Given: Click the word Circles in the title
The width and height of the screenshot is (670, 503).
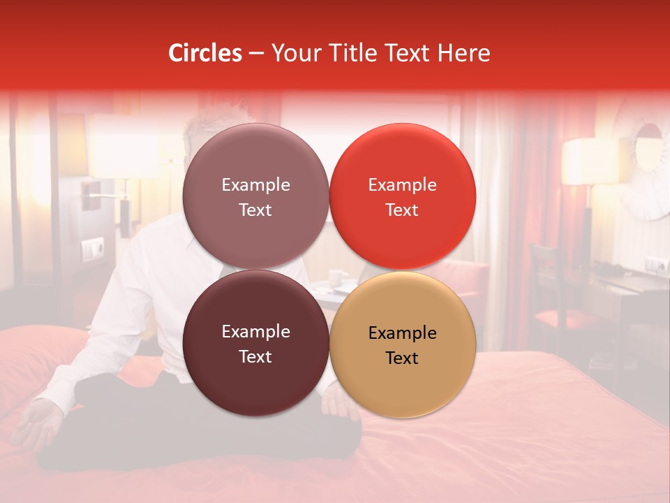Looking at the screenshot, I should [x=205, y=53].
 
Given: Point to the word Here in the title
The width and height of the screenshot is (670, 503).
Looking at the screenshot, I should [x=464, y=53].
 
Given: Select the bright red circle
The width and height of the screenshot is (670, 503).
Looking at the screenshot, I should [x=403, y=197].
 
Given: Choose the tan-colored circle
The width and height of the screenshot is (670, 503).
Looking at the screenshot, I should [x=403, y=345].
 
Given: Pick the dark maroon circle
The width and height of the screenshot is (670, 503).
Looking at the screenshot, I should [x=255, y=344].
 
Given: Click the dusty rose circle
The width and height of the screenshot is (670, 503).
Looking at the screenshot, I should [x=255, y=197].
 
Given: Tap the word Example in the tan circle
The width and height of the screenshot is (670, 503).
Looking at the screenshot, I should [x=403, y=333].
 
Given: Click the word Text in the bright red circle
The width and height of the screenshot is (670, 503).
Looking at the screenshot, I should [x=402, y=210].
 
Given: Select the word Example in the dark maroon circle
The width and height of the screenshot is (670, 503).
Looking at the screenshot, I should [x=255, y=332].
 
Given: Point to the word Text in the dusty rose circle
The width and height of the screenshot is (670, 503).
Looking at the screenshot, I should [x=255, y=210].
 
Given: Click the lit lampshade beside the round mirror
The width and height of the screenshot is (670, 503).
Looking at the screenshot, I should [x=590, y=161].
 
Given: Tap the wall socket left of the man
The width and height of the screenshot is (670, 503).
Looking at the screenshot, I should [x=92, y=248].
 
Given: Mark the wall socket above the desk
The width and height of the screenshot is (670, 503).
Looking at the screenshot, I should [x=655, y=265].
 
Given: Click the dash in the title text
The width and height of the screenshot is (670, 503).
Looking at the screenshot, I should [x=256, y=53].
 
